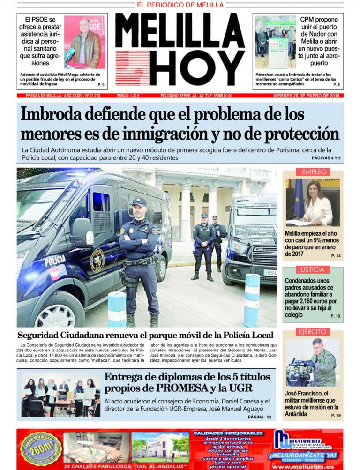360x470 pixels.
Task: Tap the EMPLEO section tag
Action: [x=314, y=172]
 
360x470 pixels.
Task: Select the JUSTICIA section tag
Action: [x=311, y=269]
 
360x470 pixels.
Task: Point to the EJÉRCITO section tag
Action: [x=312, y=332]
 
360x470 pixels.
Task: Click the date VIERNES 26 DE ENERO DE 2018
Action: [x=308, y=96]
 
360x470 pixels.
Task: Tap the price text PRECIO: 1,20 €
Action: [x=128, y=96]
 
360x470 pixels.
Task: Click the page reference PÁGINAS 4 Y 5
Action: [x=326, y=158]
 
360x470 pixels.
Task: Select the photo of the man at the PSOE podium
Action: [x=85, y=42]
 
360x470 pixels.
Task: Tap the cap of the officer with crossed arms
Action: [x=139, y=202]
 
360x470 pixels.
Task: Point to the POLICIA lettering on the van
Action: [x=55, y=261]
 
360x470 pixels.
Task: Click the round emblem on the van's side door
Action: [x=97, y=261]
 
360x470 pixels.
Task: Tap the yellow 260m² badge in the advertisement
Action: [x=41, y=447]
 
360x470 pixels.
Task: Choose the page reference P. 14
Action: [x=336, y=256]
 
